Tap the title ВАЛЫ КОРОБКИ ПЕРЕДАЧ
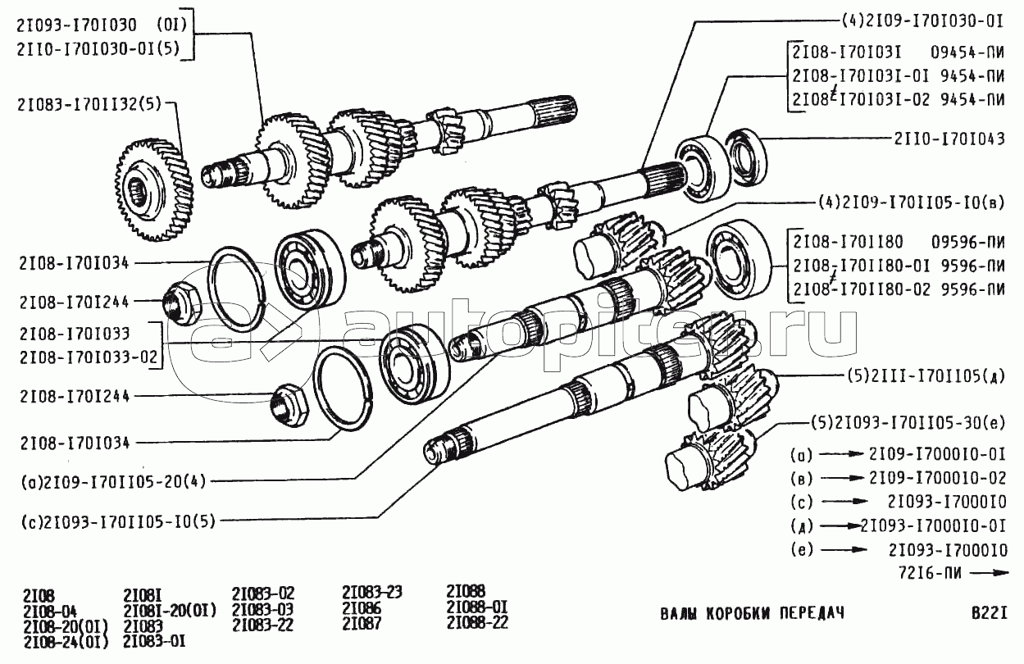[752, 614]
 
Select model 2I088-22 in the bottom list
[477, 622]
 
